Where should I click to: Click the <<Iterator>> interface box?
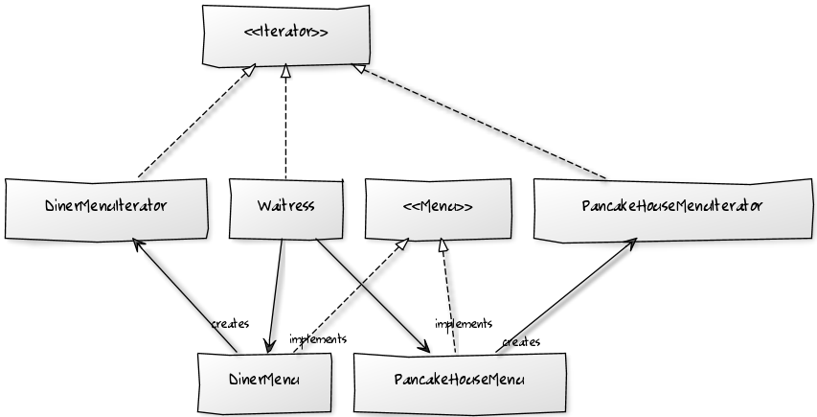(286, 35)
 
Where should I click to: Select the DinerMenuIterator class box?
(106, 207)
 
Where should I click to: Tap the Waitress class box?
(285, 207)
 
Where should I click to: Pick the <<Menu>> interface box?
(438, 207)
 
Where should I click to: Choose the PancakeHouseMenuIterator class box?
(671, 207)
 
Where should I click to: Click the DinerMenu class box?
(264, 381)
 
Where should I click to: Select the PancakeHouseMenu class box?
(459, 381)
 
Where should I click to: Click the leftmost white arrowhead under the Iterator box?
(249, 69)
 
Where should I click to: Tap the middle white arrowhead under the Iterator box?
(285, 70)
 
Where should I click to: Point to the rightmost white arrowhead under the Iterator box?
(359, 68)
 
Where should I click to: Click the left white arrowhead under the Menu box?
(403, 245)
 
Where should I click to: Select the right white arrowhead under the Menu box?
(443, 245)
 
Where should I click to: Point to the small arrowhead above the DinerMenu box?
(269, 346)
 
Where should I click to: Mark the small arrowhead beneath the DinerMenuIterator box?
(136, 242)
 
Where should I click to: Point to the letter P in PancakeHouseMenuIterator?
(586, 207)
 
